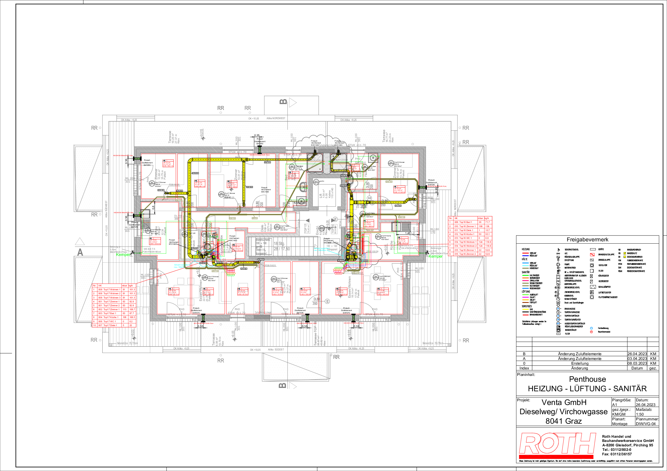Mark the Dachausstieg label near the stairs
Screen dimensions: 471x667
(x=332, y=242)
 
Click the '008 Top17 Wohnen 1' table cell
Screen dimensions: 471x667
(x=109, y=289)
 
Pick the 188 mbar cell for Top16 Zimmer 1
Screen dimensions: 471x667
(x=480, y=226)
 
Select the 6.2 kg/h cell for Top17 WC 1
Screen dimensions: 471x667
(x=131, y=321)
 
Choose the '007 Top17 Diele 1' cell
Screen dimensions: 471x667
(x=109, y=325)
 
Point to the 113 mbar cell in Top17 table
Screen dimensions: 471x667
(x=124, y=309)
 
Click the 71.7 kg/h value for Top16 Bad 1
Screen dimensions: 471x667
(x=487, y=222)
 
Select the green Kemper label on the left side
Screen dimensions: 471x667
(x=123, y=255)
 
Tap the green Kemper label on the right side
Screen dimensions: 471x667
(x=435, y=256)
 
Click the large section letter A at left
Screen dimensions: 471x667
(x=80, y=252)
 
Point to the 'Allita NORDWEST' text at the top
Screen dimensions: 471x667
(x=276, y=118)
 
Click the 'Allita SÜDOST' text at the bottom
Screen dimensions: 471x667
(x=276, y=349)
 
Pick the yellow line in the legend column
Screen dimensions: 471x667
(x=525, y=309)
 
